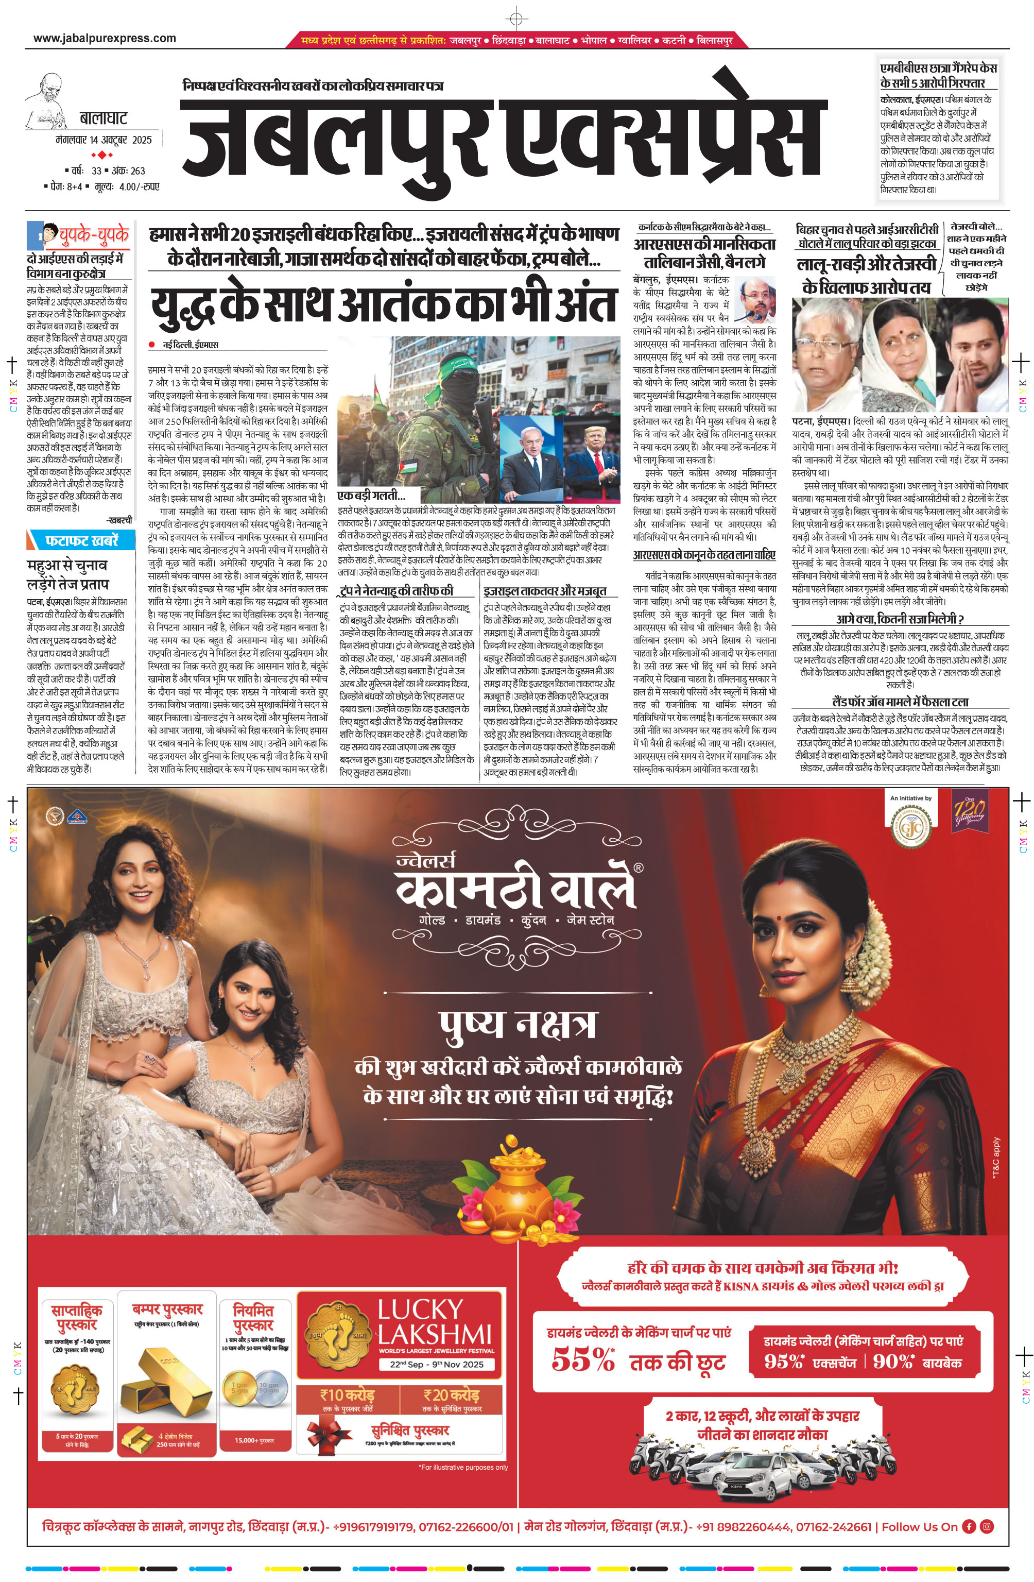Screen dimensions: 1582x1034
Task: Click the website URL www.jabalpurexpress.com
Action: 105,39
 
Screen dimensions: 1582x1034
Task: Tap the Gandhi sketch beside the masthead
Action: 46,100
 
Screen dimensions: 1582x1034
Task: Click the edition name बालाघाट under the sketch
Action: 103,119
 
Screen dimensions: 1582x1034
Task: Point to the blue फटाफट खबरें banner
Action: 80,540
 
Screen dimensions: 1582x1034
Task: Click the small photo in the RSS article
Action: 756,299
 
